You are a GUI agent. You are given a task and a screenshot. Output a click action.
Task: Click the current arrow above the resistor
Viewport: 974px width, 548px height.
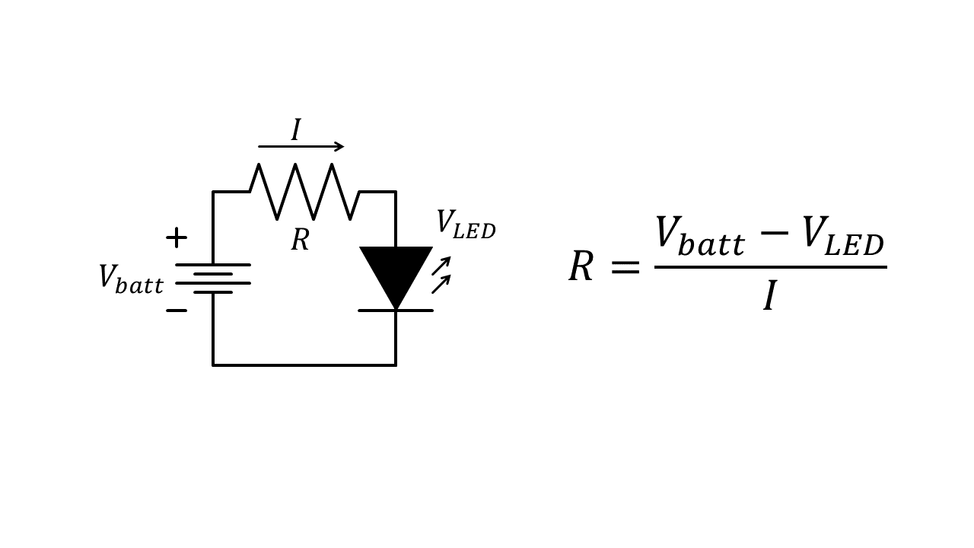click(x=301, y=147)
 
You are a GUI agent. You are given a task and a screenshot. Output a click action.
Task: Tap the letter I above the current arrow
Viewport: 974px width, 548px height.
click(x=296, y=129)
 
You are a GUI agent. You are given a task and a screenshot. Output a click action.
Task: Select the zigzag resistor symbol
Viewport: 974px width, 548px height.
click(x=304, y=192)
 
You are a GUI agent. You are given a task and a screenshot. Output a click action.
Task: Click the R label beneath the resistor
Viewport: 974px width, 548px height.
click(x=300, y=241)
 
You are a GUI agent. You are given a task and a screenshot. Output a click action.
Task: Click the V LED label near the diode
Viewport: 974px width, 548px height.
click(x=465, y=225)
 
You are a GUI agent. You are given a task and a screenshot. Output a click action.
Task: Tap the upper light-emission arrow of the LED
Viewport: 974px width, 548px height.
click(x=441, y=266)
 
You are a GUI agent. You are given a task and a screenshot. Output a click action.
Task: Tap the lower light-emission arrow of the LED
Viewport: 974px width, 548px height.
click(x=441, y=284)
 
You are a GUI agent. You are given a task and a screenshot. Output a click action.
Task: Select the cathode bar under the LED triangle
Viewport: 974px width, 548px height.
click(x=396, y=311)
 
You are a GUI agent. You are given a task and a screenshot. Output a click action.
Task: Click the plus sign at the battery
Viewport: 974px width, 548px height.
click(x=177, y=237)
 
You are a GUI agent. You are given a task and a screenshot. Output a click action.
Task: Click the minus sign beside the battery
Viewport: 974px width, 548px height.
click(x=177, y=311)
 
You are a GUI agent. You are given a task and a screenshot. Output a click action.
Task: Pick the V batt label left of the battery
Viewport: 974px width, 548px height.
click(x=130, y=279)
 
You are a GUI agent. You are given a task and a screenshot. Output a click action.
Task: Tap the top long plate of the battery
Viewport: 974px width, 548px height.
click(x=213, y=265)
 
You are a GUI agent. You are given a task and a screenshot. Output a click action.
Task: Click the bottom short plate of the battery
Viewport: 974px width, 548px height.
click(x=213, y=292)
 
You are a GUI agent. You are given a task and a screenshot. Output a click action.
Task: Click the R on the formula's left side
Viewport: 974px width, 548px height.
click(x=581, y=267)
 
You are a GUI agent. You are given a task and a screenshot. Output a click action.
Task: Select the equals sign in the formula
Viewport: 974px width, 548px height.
click(x=625, y=268)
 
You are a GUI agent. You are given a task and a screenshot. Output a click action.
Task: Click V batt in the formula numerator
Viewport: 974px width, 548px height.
click(x=699, y=236)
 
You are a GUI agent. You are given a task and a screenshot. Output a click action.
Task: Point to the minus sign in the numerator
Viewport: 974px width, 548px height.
click(x=774, y=233)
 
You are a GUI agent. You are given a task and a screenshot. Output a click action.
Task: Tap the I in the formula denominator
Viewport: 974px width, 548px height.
click(x=770, y=296)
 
